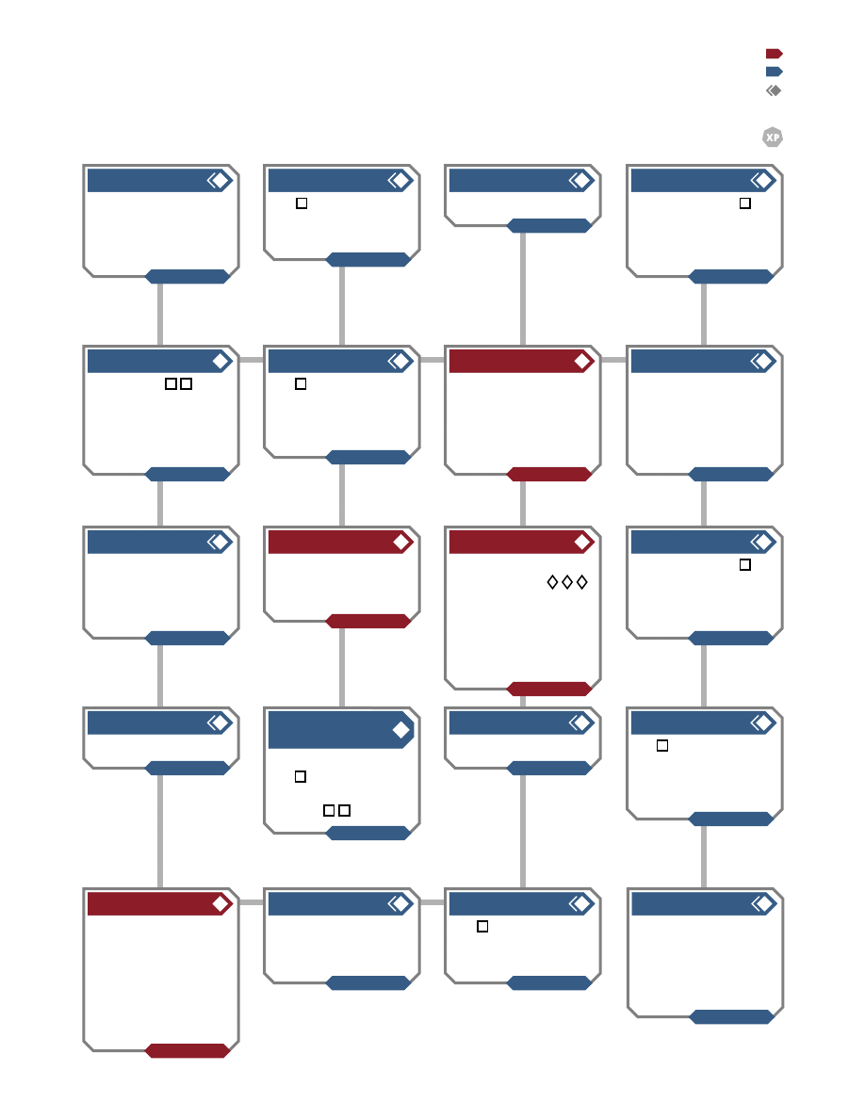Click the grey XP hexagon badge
point(773,137)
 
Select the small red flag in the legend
point(775,54)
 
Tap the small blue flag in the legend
point(775,72)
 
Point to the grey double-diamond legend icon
point(774,90)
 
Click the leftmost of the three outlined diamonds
point(552,582)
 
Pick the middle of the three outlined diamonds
point(567,582)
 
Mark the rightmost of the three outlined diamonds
point(582,582)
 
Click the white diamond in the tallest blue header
point(401,729)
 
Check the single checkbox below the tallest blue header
point(301,776)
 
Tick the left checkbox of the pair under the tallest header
point(329,810)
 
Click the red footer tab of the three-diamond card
point(548,689)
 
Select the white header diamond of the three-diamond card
point(582,543)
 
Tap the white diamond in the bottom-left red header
point(220,904)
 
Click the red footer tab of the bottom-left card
point(187,1050)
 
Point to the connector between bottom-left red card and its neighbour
point(252,902)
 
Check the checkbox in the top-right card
point(745,203)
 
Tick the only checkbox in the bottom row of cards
point(482,926)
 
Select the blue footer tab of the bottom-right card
point(731,1017)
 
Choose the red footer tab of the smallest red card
point(368,621)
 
